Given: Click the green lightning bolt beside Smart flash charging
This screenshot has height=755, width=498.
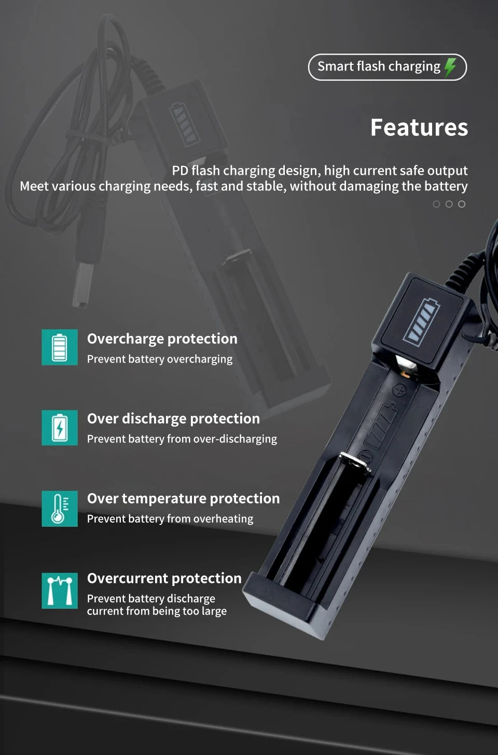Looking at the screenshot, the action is [x=450, y=67].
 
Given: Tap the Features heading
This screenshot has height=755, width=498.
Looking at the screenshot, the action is [x=419, y=128].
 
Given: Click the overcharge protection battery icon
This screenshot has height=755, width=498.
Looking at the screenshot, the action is [x=60, y=347].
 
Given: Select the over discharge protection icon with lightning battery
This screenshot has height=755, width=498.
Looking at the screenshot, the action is [x=60, y=428].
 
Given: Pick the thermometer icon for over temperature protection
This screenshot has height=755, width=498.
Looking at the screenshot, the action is [x=60, y=509].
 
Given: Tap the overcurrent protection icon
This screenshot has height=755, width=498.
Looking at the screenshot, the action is [x=60, y=591].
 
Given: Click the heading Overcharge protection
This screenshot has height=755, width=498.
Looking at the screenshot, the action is [x=162, y=339].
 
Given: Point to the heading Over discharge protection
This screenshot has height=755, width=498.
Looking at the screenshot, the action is [x=173, y=419].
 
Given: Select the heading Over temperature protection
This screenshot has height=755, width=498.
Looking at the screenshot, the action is [x=184, y=498].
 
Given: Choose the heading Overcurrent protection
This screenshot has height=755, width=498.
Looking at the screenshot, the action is [x=164, y=578].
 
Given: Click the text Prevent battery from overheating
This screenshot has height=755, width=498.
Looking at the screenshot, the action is [x=170, y=519].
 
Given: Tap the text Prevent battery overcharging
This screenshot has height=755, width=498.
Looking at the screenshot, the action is [x=159, y=359].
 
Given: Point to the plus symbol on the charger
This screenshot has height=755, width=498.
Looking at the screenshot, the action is [x=399, y=390].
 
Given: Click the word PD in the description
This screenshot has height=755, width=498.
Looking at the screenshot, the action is [x=179, y=171].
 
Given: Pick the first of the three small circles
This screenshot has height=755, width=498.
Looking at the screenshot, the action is [x=436, y=204].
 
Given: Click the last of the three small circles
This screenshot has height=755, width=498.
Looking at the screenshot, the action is [x=462, y=204].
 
